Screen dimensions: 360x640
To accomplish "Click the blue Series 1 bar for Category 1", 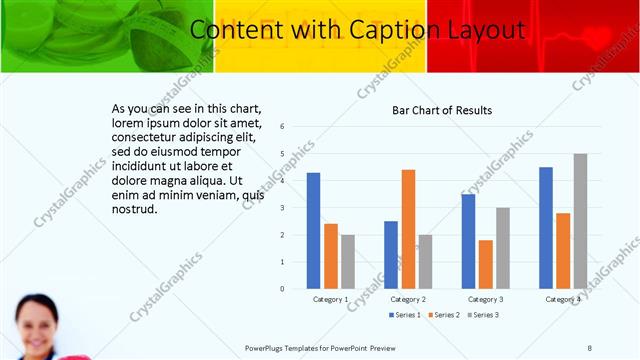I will click(313, 231).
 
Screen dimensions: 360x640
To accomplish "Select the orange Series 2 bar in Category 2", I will click(408, 229).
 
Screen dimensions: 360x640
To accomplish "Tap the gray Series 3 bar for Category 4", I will click(580, 221).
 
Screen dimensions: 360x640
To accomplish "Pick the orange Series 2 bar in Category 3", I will click(485, 264).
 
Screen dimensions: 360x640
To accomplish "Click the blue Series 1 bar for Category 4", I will click(546, 228).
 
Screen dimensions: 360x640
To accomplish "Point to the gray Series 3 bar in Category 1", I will click(347, 261).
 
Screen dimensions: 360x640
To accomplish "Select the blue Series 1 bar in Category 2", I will click(390, 255).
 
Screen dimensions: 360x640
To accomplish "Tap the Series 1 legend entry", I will click(404, 316).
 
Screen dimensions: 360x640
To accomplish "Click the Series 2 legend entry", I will click(443, 316).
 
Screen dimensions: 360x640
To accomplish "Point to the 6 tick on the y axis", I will click(283, 127).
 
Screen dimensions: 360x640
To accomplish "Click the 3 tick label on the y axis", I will click(283, 208).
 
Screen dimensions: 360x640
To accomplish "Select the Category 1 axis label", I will click(330, 299).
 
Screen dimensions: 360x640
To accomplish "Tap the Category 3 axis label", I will click(485, 299).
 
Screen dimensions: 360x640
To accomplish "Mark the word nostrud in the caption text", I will click(135, 209).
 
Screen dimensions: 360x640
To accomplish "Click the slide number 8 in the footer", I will click(589, 347).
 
